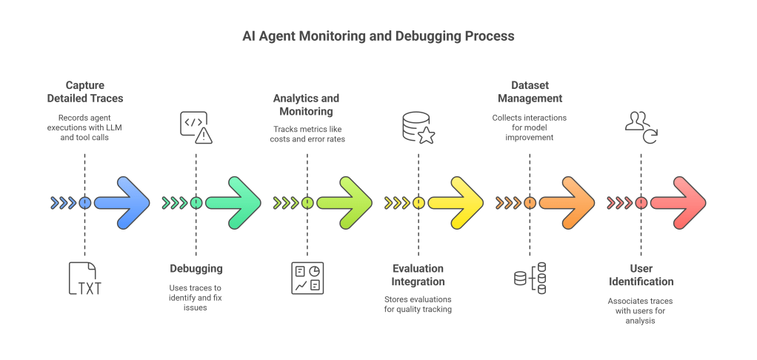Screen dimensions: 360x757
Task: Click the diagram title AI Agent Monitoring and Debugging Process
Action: coord(378,36)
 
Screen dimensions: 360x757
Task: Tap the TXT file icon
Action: coord(84,279)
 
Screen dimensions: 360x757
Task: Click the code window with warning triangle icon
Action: coord(196,127)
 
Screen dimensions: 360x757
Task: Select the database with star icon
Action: coord(418,127)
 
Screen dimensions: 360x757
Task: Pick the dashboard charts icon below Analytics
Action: coord(307,279)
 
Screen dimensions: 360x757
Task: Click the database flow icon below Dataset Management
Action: coord(530,279)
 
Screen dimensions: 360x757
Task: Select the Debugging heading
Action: coord(196,268)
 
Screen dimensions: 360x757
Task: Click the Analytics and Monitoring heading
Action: coord(307,104)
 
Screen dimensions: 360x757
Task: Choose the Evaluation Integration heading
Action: coord(418,275)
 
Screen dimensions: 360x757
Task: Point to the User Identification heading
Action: coord(641,275)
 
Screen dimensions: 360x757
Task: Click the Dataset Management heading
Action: coord(530,92)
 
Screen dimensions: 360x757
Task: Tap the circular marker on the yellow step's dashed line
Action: coord(418,202)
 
